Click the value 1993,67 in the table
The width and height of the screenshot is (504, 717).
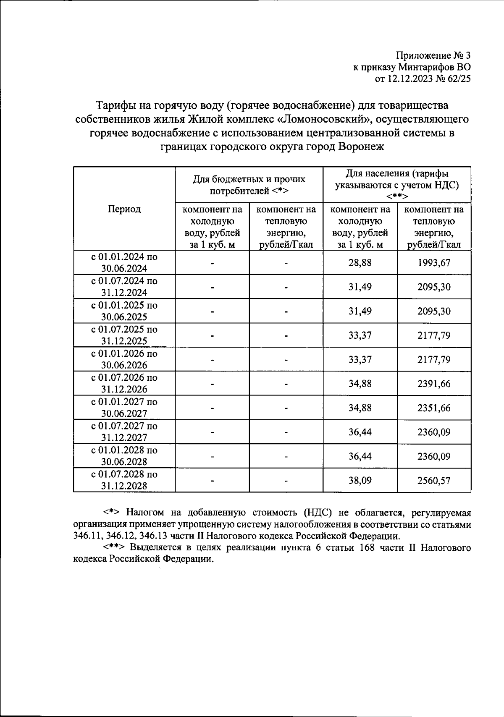click(x=434, y=263)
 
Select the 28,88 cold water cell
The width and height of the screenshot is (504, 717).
click(x=360, y=263)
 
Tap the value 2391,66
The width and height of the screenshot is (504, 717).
click(x=434, y=384)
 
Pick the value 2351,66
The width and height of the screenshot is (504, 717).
click(x=434, y=408)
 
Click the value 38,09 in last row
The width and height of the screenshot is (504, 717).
click(x=360, y=480)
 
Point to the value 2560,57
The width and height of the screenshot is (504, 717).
click(x=434, y=480)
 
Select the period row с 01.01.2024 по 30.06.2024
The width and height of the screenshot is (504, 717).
click(x=124, y=262)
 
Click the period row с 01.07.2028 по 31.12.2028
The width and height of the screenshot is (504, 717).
click(x=124, y=480)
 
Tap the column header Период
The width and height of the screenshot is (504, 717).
click(x=124, y=209)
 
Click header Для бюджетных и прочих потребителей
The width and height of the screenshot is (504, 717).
click(x=249, y=185)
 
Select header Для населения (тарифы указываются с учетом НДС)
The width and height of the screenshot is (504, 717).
click(x=397, y=185)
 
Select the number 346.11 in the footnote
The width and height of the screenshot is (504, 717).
click(x=85, y=536)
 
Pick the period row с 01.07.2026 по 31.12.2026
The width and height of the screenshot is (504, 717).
click(x=124, y=384)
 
